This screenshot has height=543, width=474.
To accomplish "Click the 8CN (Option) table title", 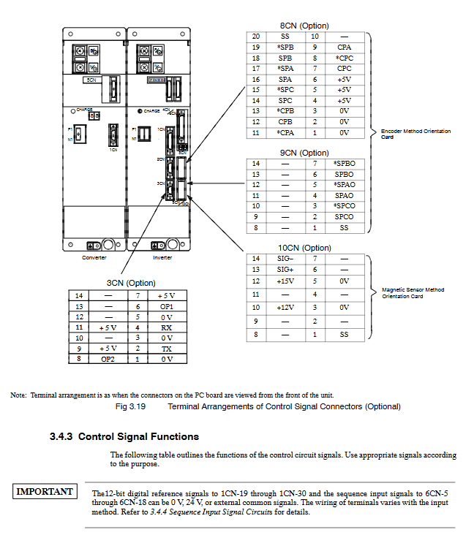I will click(x=304, y=26).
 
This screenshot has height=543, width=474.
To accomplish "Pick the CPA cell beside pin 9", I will click(x=344, y=47).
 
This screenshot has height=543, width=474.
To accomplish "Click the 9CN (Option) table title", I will click(x=304, y=153).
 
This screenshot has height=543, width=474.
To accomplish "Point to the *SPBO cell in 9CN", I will click(x=344, y=164).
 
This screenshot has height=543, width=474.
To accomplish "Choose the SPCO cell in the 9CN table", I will click(x=344, y=217).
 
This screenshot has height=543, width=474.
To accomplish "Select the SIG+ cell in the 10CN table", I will click(x=285, y=270).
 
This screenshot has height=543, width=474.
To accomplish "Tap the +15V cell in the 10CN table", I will click(x=285, y=281).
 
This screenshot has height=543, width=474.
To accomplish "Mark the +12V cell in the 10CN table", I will click(x=285, y=308).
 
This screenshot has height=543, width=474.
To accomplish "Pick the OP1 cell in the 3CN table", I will click(x=167, y=306).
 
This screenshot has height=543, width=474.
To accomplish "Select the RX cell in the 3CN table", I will click(x=167, y=327).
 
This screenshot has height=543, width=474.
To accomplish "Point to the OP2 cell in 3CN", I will click(x=108, y=359).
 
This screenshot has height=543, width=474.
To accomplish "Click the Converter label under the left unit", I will click(x=94, y=257).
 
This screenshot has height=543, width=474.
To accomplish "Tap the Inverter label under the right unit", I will click(x=162, y=257).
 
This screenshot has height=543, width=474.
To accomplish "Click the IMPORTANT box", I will click(x=45, y=492).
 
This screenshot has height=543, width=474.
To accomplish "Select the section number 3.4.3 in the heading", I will click(x=61, y=437).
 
